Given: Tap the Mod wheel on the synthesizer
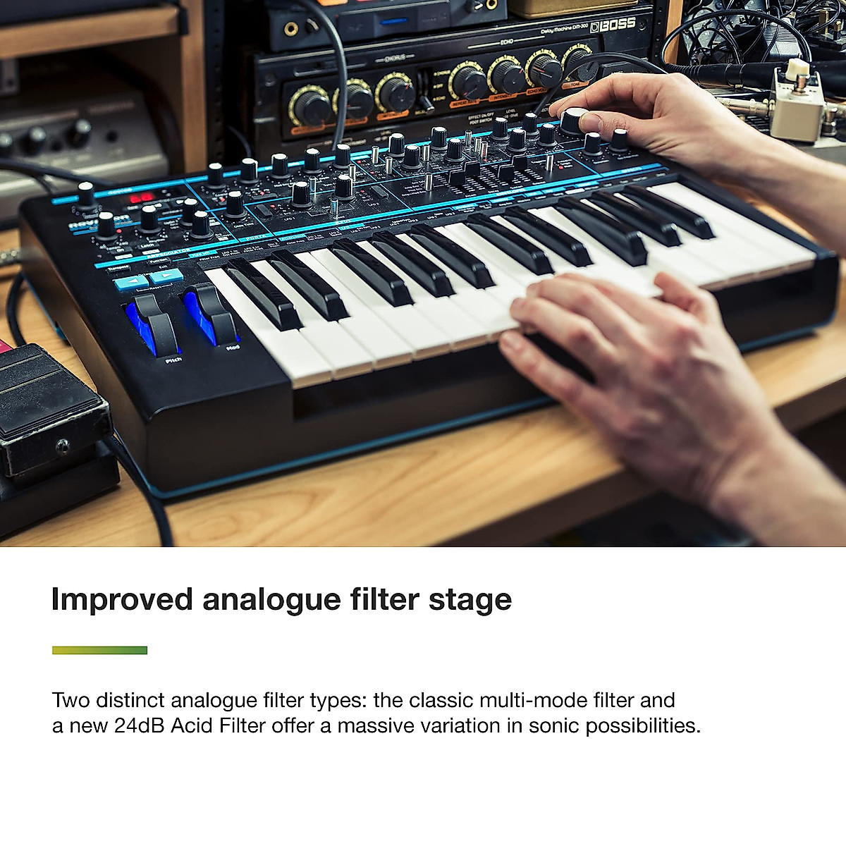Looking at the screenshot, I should [212, 310].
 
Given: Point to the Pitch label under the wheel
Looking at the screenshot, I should [173, 360].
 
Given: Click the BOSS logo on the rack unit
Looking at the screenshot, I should [613, 25].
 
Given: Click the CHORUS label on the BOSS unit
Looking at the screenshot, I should [395, 57].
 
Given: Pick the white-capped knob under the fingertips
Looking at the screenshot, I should [575, 121].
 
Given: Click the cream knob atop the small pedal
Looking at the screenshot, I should [797, 70].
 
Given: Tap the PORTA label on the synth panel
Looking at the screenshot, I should [255, 237].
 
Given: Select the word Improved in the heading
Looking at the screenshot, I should [122, 600].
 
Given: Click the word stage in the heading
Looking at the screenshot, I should [470, 600].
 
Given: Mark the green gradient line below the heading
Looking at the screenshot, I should [99, 650].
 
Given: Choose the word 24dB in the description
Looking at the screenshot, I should [139, 725].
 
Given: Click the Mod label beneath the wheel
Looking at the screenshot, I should [233, 348].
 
